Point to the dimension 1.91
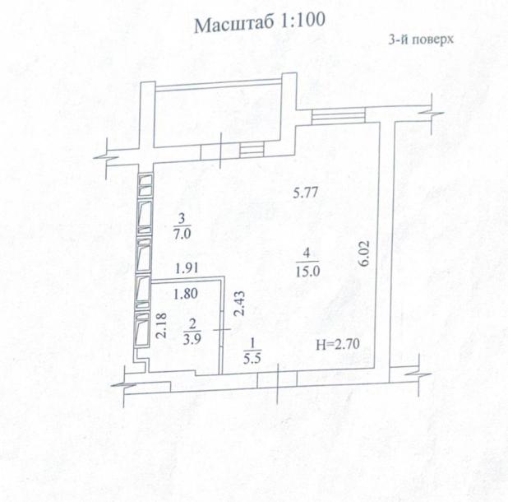(188, 268)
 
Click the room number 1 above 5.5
(252, 344)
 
